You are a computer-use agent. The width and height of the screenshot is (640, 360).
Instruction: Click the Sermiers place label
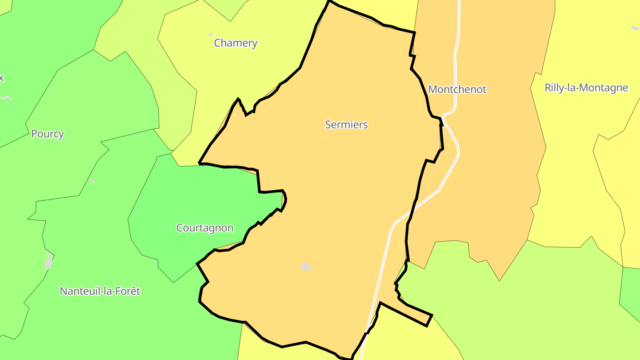346,125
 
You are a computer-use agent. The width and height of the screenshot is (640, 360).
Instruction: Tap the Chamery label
236,43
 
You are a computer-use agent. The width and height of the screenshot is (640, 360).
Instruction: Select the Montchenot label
457,89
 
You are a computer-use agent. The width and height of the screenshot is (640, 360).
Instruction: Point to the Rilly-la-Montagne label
586,88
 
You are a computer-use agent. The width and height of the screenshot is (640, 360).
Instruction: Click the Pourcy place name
48,134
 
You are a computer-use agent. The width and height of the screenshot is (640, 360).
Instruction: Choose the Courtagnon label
205,228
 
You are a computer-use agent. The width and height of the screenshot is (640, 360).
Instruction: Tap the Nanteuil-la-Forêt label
100,292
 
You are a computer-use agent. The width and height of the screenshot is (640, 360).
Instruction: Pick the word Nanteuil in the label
77,292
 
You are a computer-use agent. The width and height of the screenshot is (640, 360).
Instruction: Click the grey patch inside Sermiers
306,267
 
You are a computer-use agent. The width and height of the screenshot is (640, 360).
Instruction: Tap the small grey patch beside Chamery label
211,34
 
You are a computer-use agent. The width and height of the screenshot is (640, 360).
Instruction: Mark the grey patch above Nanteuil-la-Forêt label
48,262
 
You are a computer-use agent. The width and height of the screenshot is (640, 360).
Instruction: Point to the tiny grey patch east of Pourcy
92,181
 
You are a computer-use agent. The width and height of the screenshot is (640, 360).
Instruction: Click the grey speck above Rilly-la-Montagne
635,28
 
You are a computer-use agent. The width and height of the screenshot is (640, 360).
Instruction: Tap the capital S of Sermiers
328,125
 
